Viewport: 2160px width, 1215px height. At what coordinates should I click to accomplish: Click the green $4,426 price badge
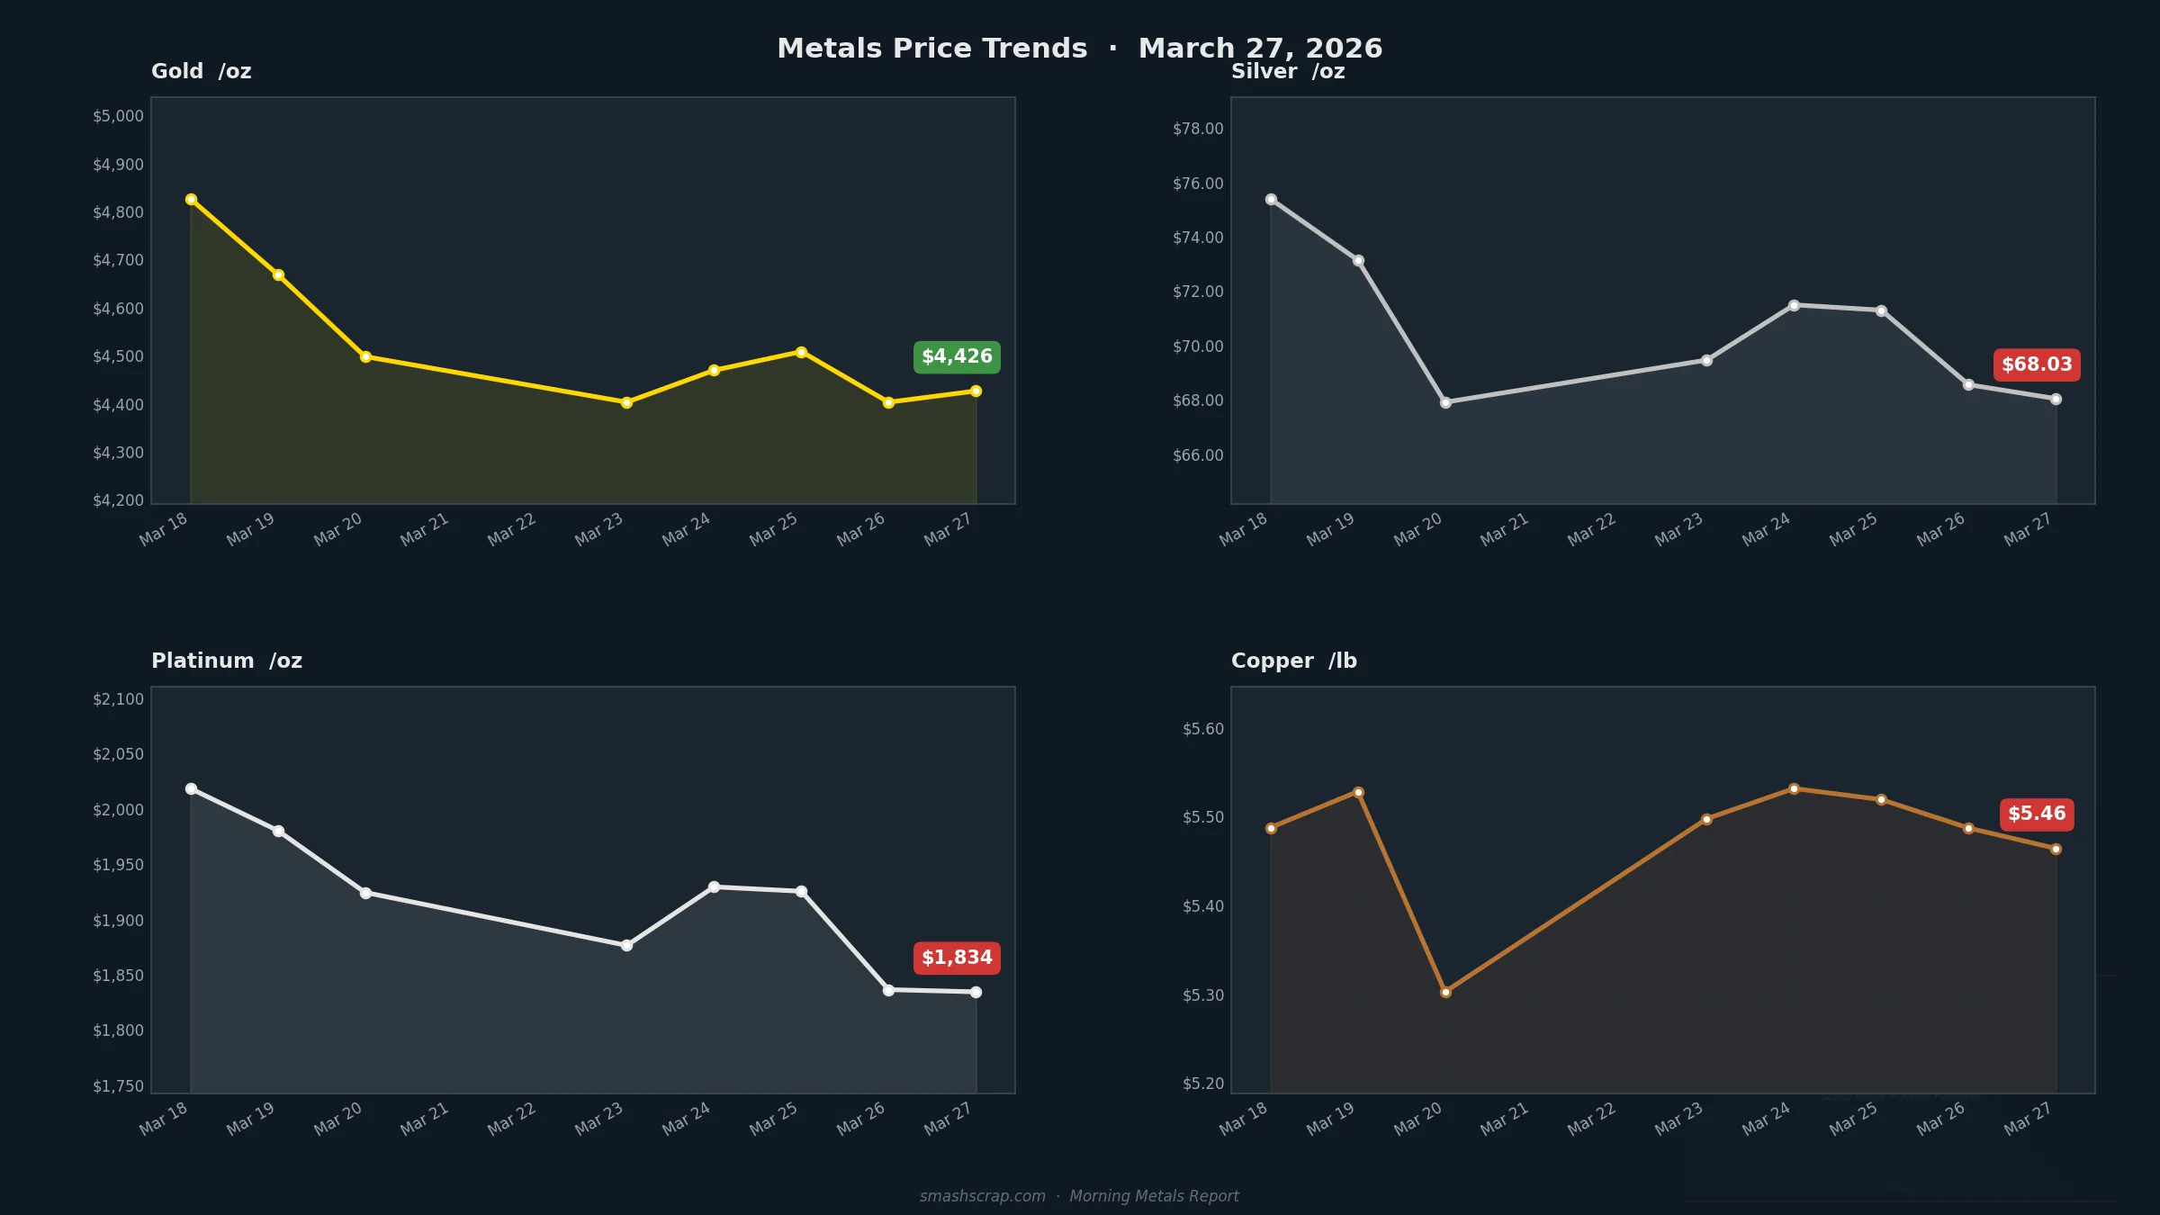click(957, 357)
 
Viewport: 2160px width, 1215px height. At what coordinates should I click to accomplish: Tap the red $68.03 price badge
click(2037, 364)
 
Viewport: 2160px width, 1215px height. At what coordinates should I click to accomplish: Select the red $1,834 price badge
click(957, 958)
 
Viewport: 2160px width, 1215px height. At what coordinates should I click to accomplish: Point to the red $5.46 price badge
click(2037, 814)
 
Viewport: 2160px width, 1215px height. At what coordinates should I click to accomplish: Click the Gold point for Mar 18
click(191, 200)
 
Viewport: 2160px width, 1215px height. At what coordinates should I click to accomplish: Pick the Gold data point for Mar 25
click(801, 352)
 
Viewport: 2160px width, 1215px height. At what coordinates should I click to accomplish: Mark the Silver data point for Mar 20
click(1445, 402)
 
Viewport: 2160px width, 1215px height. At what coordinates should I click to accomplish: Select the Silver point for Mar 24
click(1794, 305)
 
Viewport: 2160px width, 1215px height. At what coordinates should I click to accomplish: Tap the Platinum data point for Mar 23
click(626, 945)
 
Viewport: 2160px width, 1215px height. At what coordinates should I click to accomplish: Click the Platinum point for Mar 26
click(888, 990)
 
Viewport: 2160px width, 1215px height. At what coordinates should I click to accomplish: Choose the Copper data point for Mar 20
click(1445, 992)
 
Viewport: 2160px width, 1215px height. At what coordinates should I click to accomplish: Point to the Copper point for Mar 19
click(1358, 792)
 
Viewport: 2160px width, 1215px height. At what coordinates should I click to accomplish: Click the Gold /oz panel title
click(201, 71)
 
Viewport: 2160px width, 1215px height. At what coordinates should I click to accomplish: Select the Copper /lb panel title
click(1293, 661)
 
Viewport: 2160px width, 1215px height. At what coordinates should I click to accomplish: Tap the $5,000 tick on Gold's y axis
click(118, 116)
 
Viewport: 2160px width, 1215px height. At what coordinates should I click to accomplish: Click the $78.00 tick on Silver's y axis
click(1198, 129)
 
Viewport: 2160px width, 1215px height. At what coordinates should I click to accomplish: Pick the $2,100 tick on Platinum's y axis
click(118, 699)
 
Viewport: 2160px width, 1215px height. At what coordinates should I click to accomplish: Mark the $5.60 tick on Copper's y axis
click(1203, 729)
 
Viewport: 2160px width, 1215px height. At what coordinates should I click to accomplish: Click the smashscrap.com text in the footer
click(982, 1196)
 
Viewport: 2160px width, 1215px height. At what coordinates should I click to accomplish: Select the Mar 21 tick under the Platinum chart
click(425, 1119)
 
